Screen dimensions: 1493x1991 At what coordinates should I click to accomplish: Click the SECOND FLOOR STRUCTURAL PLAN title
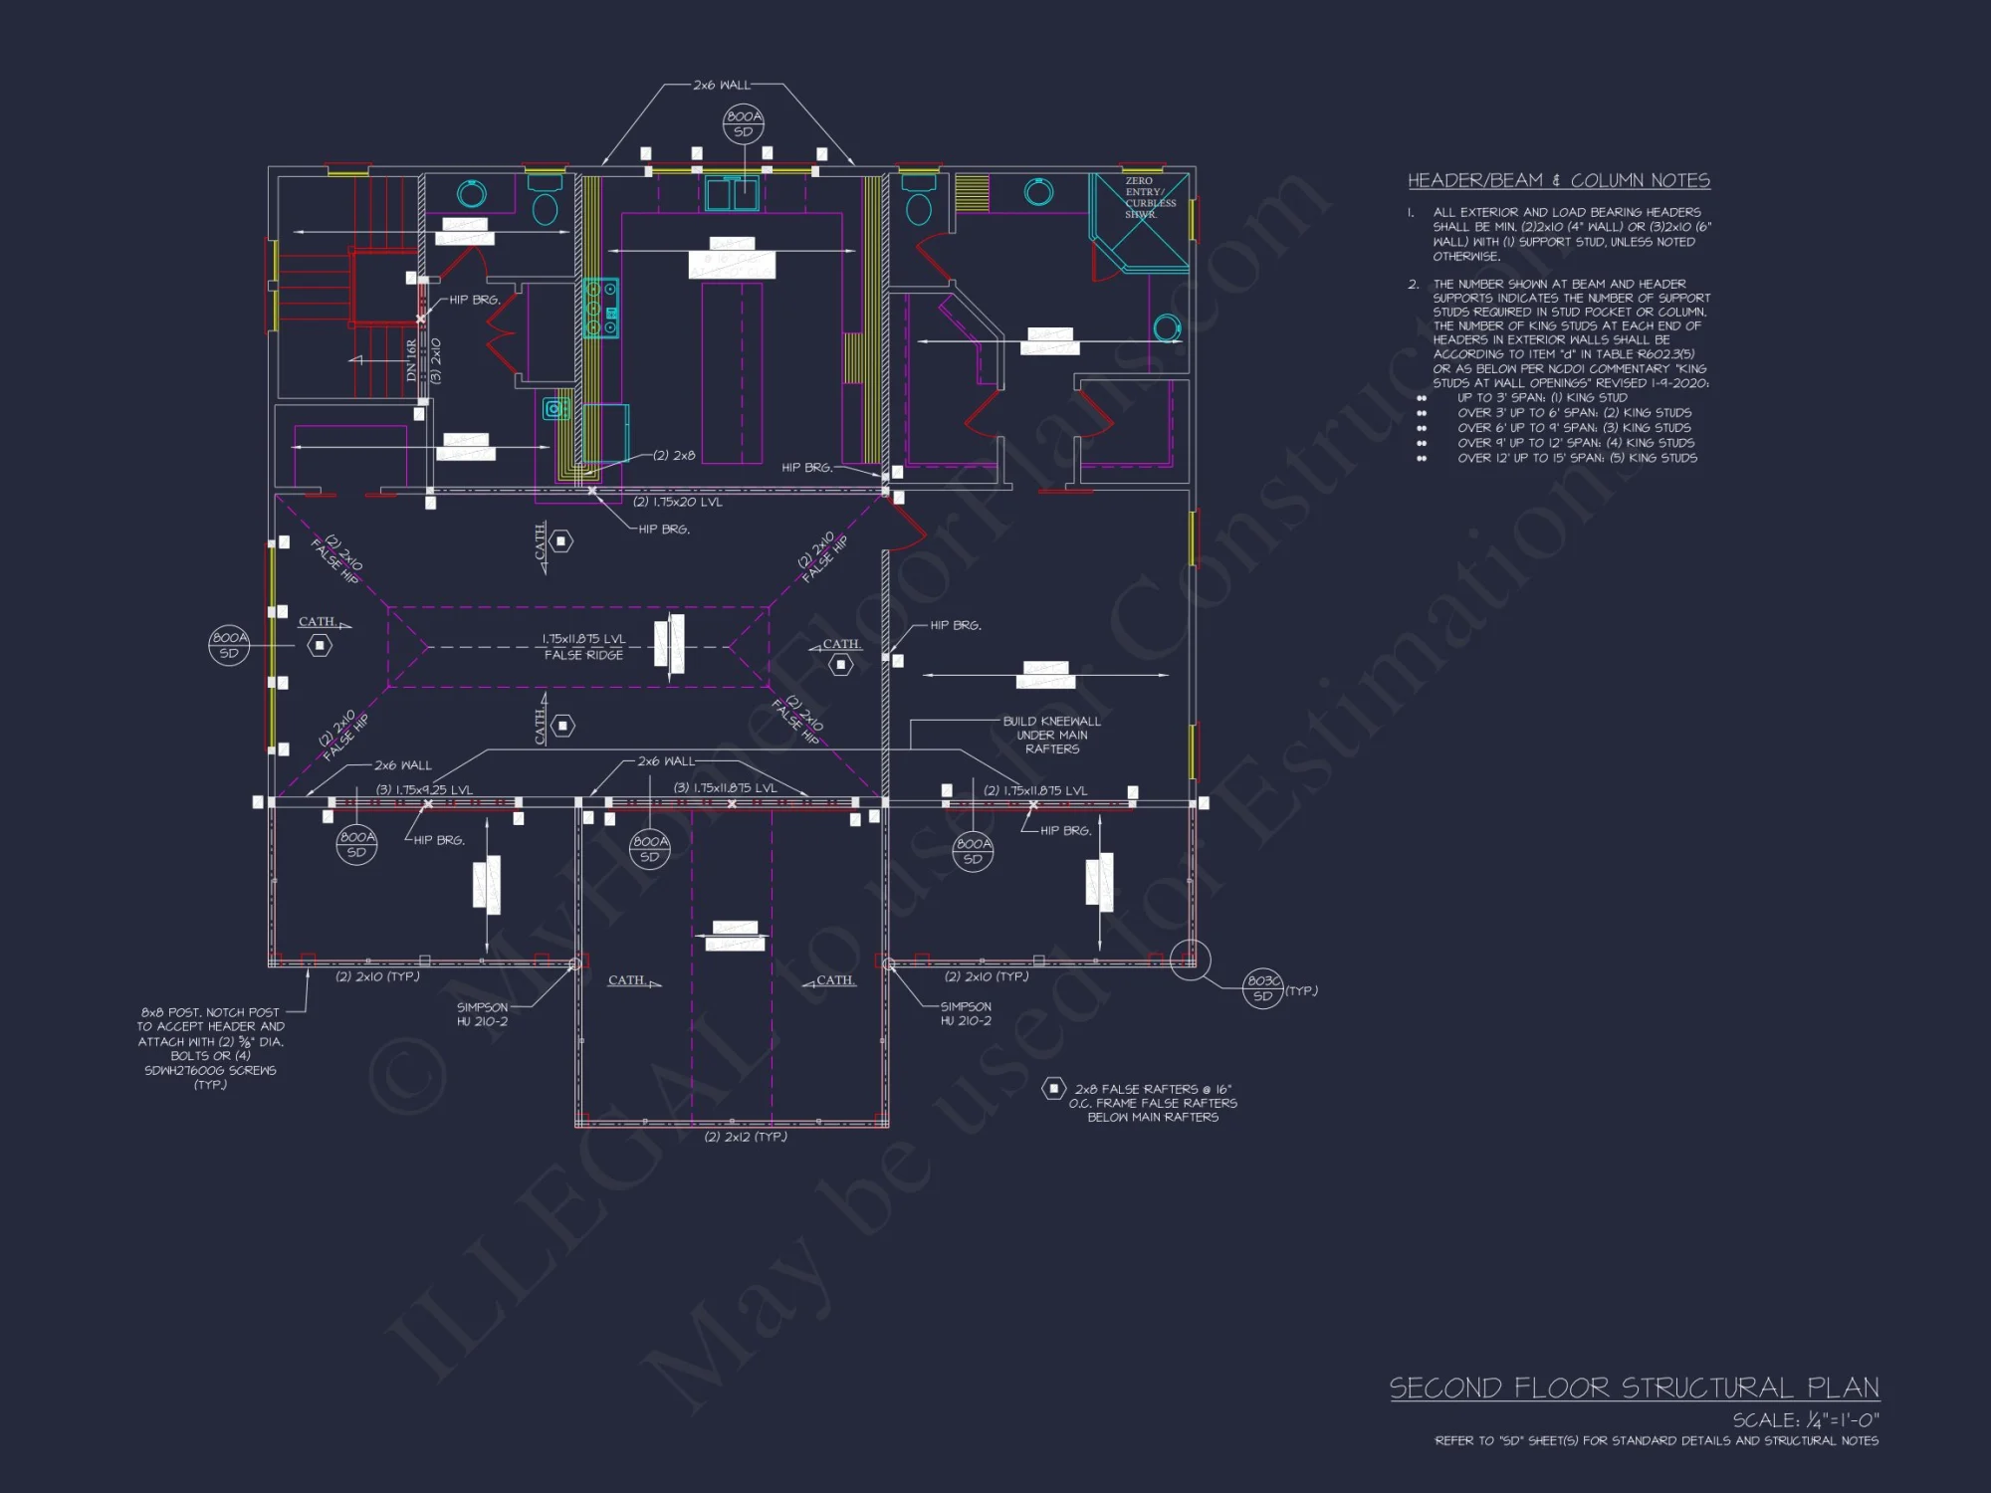click(x=1634, y=1387)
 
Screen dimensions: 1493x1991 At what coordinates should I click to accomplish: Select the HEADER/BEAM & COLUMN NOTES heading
click(x=1558, y=180)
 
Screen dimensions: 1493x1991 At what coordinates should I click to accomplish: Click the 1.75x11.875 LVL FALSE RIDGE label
click(x=583, y=647)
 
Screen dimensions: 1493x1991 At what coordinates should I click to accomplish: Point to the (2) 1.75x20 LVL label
click(x=678, y=502)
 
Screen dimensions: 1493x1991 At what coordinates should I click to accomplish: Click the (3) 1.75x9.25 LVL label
click(x=424, y=790)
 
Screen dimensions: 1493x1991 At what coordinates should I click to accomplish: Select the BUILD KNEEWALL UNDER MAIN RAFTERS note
click(x=1051, y=735)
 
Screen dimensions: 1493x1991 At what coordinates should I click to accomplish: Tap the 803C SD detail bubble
click(x=1262, y=988)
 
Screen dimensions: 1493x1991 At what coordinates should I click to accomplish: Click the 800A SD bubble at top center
click(x=743, y=123)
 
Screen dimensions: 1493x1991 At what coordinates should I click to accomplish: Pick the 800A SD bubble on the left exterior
click(x=229, y=645)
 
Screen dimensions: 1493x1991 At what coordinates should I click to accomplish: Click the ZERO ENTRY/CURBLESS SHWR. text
click(x=1150, y=197)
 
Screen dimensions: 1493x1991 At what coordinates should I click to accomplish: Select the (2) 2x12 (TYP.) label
click(x=745, y=1137)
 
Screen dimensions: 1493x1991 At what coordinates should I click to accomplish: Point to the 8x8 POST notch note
click(x=210, y=1048)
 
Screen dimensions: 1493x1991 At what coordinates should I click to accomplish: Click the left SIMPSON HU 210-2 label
click(x=482, y=1014)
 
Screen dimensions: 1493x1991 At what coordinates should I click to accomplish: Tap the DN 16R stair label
click(x=412, y=360)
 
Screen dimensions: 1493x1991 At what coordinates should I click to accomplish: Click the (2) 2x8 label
click(x=674, y=455)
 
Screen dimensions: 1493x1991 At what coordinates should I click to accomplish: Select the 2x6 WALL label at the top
click(x=722, y=86)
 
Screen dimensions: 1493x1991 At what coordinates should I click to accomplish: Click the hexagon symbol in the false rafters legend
click(x=1053, y=1089)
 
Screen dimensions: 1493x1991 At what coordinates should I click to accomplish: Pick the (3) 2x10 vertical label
click(x=435, y=360)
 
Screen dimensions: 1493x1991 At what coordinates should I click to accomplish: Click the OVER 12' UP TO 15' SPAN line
click(x=1577, y=458)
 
